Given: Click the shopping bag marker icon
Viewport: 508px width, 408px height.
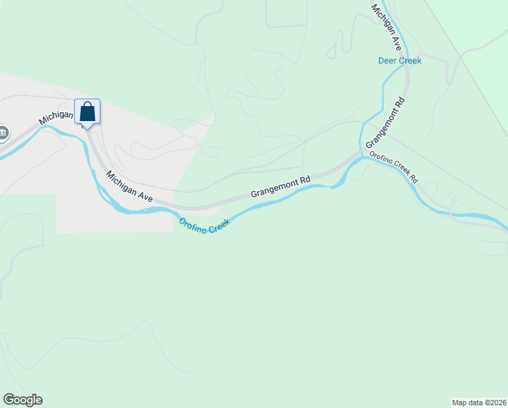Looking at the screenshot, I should point(87,112).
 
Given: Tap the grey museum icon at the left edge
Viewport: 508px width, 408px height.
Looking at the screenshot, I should point(3,133).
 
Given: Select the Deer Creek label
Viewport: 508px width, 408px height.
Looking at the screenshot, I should point(399,61).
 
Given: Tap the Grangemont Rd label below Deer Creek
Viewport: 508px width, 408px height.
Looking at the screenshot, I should point(385,123).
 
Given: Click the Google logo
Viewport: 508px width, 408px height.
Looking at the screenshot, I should point(22,400).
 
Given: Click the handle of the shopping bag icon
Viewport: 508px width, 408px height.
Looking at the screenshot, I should point(87,105).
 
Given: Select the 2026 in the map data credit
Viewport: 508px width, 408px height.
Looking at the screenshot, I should point(496,402).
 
